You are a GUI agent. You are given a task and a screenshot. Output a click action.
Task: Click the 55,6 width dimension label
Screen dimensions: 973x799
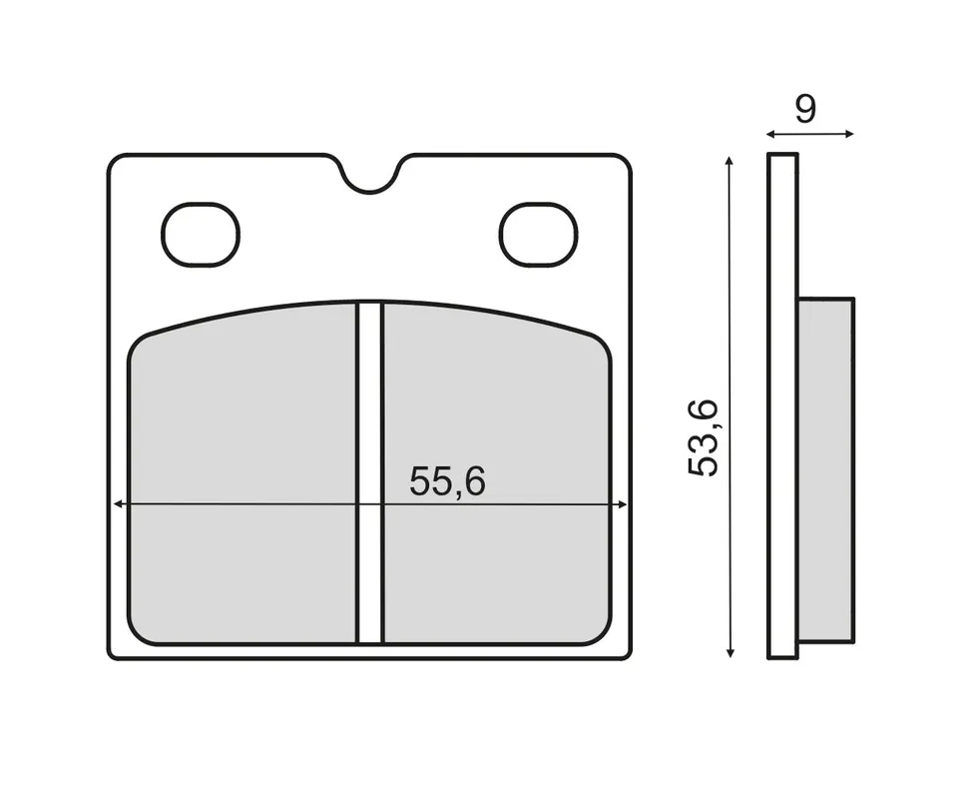point(447,481)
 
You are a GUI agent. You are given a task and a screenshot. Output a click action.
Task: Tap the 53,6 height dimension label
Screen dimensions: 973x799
point(704,438)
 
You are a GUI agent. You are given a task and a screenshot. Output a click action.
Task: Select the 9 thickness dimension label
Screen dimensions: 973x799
point(805,109)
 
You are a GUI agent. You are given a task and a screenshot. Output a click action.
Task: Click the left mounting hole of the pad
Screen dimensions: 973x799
point(201,235)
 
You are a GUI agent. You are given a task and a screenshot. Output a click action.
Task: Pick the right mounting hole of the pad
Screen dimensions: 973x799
point(538,235)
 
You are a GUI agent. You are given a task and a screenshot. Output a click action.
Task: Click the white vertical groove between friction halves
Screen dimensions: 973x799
point(370,472)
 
